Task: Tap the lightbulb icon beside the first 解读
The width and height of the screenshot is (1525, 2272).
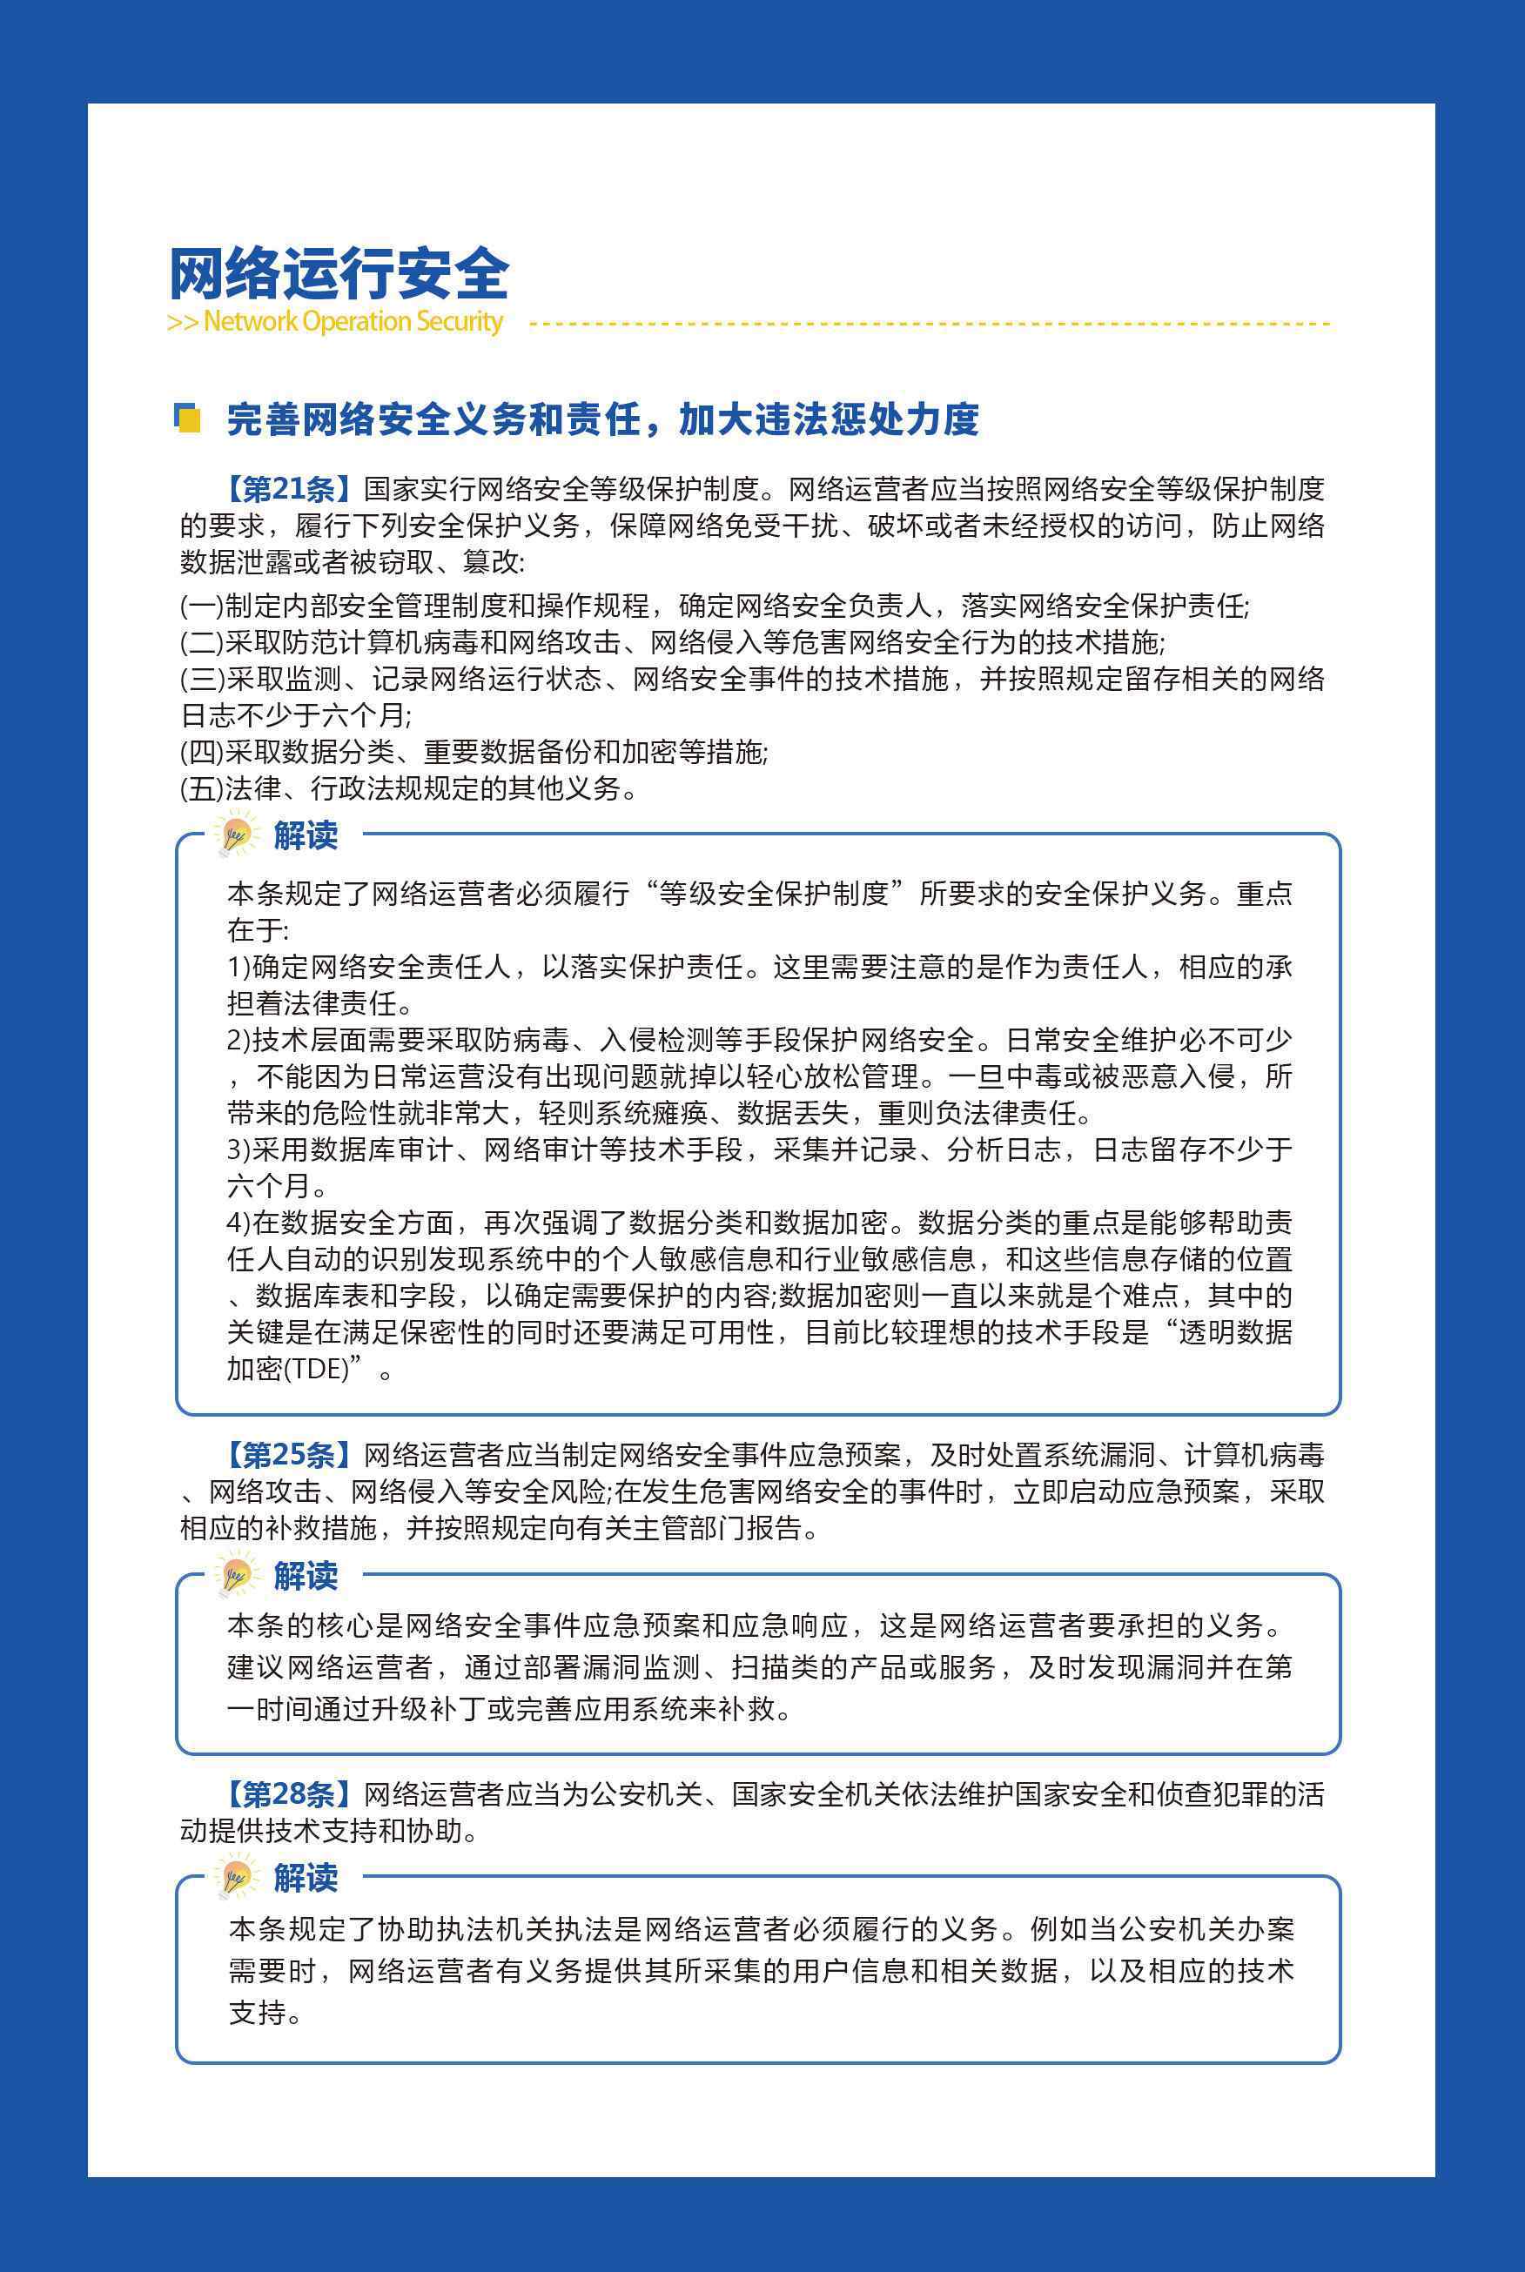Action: click(237, 835)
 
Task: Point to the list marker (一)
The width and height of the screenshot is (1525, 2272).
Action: click(201, 607)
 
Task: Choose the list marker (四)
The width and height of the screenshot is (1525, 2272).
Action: click(201, 752)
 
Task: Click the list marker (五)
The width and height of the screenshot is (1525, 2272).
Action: click(201, 788)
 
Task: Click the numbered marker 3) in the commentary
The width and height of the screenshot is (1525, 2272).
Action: click(238, 1150)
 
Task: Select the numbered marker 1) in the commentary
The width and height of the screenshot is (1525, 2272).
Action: click(238, 968)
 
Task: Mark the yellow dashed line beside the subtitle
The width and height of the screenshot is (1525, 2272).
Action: click(929, 323)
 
